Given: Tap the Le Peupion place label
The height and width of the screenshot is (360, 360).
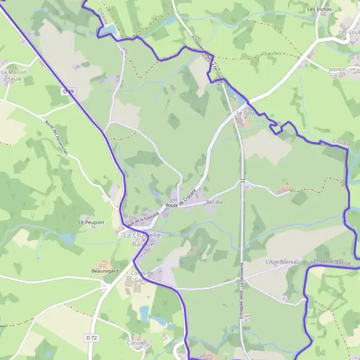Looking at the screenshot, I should coord(91,223).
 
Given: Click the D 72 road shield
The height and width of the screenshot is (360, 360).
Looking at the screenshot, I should coord(91,338).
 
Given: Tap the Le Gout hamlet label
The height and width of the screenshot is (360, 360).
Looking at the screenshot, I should coord(246,113).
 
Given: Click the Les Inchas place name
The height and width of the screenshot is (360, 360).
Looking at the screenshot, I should coord(319,10).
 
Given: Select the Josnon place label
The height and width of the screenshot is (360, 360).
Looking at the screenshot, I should coord(337,70).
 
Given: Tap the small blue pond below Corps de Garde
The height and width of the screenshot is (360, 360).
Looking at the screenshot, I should coord(144,313).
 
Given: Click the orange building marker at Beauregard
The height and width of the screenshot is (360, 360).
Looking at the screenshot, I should coord(104,263).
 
